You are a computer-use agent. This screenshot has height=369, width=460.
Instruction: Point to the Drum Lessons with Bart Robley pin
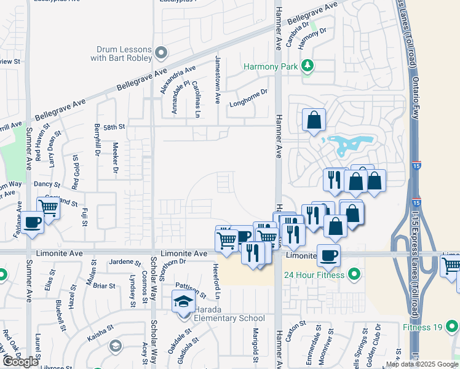(x=161, y=52)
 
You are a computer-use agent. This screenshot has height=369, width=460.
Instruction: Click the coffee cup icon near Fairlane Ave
(x=33, y=221)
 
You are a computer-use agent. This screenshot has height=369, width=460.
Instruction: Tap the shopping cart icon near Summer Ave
(x=49, y=207)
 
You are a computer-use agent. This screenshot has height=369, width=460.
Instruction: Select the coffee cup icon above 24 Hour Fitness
(x=328, y=255)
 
